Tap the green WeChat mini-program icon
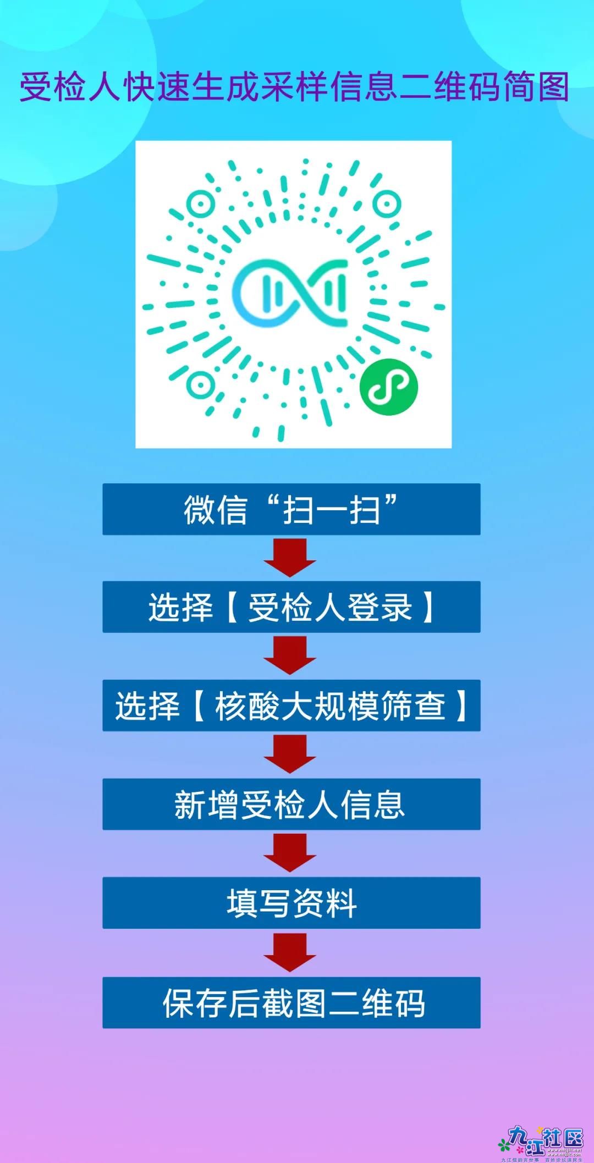389,387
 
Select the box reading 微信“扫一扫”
291,509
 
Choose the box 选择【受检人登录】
291,607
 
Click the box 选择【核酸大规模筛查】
291,705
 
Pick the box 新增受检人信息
291,804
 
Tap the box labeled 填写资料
291,903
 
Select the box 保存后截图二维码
291,1002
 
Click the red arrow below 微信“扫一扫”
290,558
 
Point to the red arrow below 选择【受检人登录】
290,655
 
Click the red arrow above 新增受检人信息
290,754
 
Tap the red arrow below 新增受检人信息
290,853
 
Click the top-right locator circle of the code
386,204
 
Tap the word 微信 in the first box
215,510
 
